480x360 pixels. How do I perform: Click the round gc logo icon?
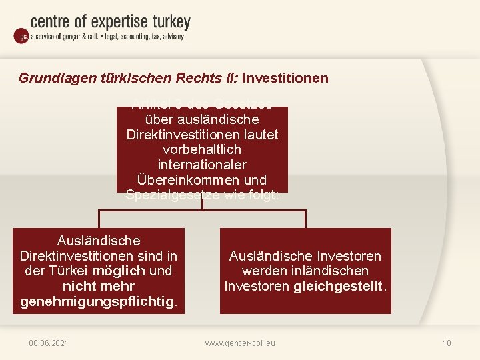21,37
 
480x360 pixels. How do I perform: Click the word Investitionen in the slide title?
285,78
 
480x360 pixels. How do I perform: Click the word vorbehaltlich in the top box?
202,149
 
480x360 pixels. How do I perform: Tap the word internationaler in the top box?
202,165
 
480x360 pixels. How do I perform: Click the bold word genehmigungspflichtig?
96,301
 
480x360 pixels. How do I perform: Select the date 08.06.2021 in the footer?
49,343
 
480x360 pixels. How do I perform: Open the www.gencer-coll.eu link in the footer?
240,343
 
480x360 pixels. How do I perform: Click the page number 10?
447,343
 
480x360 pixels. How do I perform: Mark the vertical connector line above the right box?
305,219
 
